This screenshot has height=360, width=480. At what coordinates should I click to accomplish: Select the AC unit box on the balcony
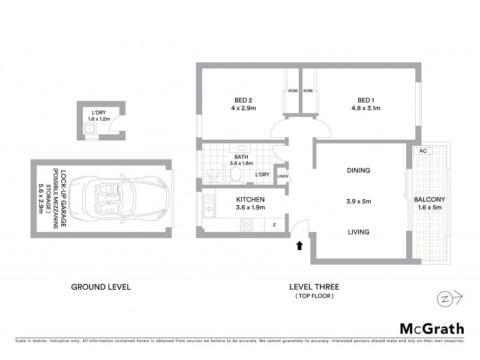point(423,151)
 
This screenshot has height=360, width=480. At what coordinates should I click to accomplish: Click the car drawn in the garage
point(118,199)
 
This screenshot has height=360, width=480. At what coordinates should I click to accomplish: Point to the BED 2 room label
point(241,100)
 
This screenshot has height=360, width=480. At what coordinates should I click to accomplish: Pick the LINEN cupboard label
point(282,176)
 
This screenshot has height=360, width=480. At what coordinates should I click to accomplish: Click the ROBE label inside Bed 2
point(292,91)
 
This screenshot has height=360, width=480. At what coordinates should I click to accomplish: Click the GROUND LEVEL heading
point(101,287)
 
